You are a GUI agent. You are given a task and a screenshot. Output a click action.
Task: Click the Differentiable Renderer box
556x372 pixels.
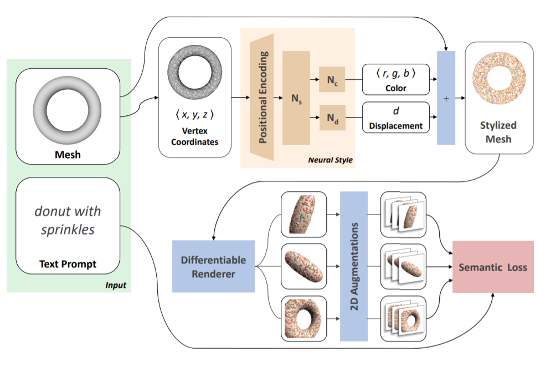click(213, 266)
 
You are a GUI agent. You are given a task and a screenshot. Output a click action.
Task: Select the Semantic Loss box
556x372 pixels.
click(493, 267)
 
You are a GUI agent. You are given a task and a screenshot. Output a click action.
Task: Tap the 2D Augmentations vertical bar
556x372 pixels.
click(354, 266)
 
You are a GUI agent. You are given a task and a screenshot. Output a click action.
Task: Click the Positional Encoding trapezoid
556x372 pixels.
click(262, 98)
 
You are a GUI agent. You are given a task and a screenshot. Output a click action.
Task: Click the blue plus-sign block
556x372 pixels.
click(446, 98)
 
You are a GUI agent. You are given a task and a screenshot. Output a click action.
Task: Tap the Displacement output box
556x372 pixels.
click(396, 117)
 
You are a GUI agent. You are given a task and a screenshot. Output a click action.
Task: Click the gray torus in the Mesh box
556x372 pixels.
click(69, 108)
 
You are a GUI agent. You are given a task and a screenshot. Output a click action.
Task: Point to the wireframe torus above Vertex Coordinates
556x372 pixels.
click(194, 68)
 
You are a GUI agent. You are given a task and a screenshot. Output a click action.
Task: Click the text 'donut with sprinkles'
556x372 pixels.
click(68, 220)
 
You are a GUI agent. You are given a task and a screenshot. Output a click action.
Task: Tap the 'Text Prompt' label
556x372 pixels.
click(68, 264)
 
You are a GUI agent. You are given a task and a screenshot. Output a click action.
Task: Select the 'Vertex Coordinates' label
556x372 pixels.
click(194, 136)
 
